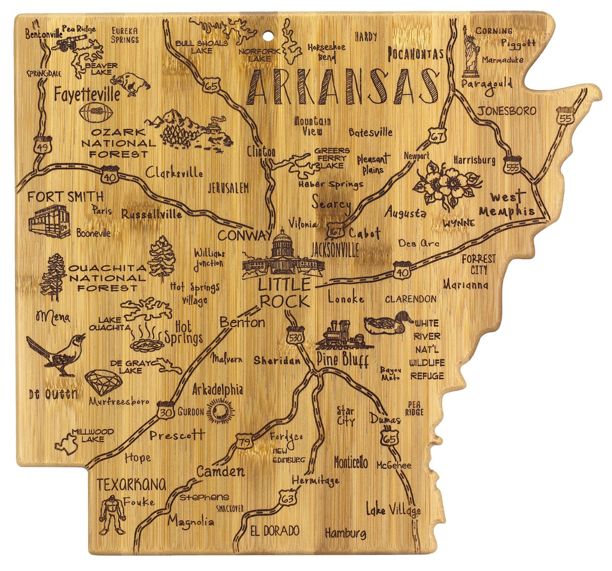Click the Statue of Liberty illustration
point(469,52)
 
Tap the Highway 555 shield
point(512,164)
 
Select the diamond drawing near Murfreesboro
point(103,382)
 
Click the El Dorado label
point(274,531)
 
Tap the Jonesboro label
point(506,111)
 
